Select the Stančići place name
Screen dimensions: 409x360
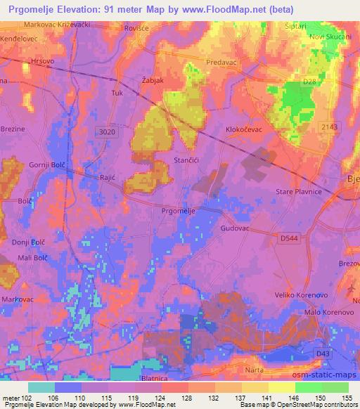click(188, 161)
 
